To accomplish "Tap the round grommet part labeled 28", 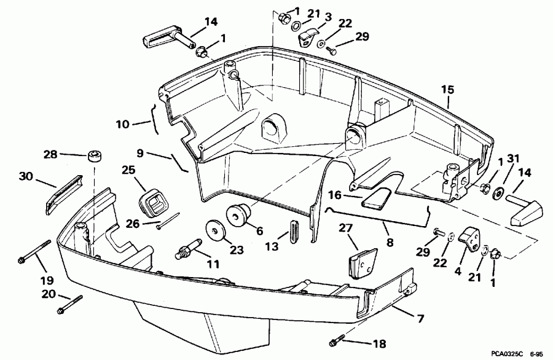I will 93,155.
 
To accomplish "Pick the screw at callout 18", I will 338,339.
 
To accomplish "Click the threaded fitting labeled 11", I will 187,251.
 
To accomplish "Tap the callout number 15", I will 447,90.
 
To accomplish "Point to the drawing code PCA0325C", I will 509,354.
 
